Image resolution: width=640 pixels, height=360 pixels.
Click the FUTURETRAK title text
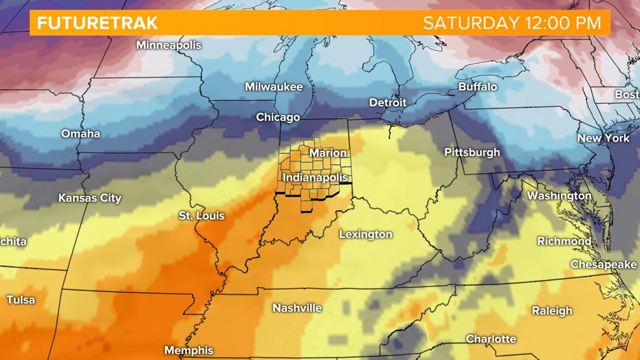(x=98, y=23)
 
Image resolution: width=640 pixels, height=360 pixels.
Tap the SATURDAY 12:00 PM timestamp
(x=511, y=23)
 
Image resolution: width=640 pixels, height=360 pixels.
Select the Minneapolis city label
(x=168, y=45)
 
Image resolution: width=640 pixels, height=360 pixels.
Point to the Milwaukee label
(x=273, y=86)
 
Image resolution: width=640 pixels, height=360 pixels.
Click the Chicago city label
(x=278, y=117)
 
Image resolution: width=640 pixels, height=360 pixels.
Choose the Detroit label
(x=387, y=102)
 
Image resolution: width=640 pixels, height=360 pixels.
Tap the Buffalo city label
(x=477, y=86)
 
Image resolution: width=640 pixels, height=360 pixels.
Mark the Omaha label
(x=80, y=134)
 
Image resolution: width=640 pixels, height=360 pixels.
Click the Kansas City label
(x=90, y=198)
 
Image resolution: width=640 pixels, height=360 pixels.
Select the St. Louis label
(x=202, y=216)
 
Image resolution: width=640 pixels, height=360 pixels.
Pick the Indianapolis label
(x=315, y=177)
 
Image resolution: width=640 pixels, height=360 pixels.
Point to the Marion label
(x=328, y=153)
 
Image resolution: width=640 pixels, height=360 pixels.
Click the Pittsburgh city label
(x=472, y=152)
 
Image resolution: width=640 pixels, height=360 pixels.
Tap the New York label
(x=604, y=138)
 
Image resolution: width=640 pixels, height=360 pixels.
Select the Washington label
(x=559, y=195)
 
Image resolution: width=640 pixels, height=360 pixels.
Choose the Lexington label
(x=365, y=234)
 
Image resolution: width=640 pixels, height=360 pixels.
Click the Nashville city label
(x=297, y=308)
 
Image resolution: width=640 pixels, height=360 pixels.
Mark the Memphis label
(x=188, y=350)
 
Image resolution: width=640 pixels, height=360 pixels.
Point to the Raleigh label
(x=552, y=311)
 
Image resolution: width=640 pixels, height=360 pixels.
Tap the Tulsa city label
(x=21, y=299)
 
